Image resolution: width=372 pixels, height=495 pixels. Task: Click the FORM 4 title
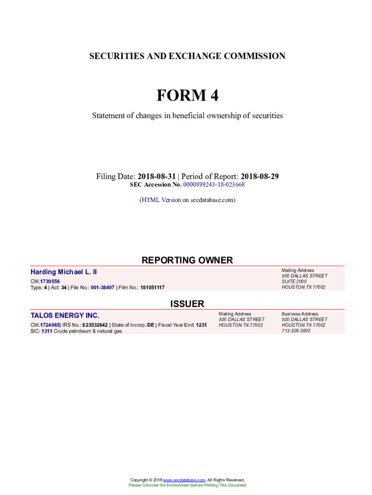(187, 96)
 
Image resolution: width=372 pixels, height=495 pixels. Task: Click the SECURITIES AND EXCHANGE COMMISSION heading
(187, 56)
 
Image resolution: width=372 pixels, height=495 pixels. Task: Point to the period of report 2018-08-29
(259, 176)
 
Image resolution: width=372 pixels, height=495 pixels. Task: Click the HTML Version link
(161, 200)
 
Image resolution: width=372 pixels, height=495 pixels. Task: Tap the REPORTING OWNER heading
(187, 261)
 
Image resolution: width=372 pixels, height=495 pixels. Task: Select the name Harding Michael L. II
(64, 272)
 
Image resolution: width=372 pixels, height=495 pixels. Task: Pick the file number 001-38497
(99, 288)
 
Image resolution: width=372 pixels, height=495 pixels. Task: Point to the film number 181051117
(152, 288)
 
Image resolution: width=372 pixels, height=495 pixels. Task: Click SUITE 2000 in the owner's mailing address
(294, 281)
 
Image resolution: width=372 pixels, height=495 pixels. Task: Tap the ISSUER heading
(187, 304)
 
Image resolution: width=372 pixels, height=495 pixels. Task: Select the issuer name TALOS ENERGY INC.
(65, 316)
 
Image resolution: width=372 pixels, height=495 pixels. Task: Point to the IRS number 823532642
(95, 325)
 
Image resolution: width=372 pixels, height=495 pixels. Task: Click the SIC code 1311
(47, 331)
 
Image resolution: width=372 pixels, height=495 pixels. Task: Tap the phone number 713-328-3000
(296, 331)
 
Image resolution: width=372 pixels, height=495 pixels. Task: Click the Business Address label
(300, 314)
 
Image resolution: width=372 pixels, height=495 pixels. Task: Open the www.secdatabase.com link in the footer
(185, 480)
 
